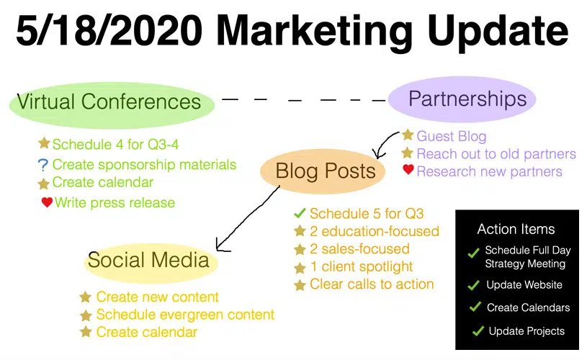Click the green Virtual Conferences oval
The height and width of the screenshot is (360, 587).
pos(112,105)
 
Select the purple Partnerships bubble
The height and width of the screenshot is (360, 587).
pos(462,99)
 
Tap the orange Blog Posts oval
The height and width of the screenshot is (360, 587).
pos(323,172)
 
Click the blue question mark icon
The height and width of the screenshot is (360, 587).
pos(43,165)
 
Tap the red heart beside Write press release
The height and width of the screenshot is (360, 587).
pos(47,202)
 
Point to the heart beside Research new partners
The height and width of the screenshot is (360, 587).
pos(408,169)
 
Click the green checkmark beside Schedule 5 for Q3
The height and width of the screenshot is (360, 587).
pos(300,213)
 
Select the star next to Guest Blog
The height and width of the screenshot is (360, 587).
pos(408,135)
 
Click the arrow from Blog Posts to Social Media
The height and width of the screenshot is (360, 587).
pos(247,219)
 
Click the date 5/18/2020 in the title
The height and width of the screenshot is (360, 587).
pos(109,30)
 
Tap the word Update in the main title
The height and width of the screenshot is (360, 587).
pos(498,32)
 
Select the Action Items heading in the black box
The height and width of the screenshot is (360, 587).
pos(516,229)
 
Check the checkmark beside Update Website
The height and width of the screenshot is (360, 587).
pos(474,285)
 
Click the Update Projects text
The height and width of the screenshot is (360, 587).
pos(526,331)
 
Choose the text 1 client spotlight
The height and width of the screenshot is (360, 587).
pos(362,267)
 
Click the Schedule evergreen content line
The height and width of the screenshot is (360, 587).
pos(185,315)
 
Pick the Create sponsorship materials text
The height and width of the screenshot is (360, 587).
pos(144,165)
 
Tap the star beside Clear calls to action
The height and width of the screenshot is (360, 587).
pos(300,285)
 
